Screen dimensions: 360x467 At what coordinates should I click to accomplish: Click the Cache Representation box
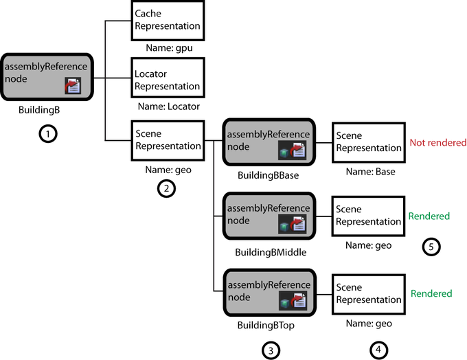click(x=168, y=20)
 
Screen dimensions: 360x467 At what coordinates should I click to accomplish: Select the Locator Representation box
click(x=168, y=80)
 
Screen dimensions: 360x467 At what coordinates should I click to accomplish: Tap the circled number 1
click(x=47, y=134)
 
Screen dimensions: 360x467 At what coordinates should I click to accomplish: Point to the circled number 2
click(x=166, y=188)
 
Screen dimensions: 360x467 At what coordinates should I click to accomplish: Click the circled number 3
click(x=271, y=350)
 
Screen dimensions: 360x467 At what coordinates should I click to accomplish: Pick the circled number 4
click(x=377, y=350)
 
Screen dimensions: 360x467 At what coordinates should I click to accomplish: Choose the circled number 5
click(x=431, y=247)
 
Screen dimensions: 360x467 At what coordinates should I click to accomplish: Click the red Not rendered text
click(x=437, y=143)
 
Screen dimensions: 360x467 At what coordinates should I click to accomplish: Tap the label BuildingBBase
click(x=268, y=175)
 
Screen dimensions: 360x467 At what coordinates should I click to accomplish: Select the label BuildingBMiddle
click(x=270, y=252)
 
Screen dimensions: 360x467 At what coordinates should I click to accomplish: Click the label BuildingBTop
click(x=266, y=325)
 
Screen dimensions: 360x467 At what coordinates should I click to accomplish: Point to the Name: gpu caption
click(x=168, y=49)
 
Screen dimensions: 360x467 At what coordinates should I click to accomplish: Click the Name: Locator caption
click(x=168, y=106)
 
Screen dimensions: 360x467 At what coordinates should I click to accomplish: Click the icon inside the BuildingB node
click(x=73, y=85)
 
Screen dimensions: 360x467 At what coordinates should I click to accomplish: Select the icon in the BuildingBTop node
click(x=293, y=300)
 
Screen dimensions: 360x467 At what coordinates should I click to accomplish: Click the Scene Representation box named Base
click(x=367, y=142)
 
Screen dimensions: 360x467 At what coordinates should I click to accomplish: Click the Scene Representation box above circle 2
click(x=168, y=140)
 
